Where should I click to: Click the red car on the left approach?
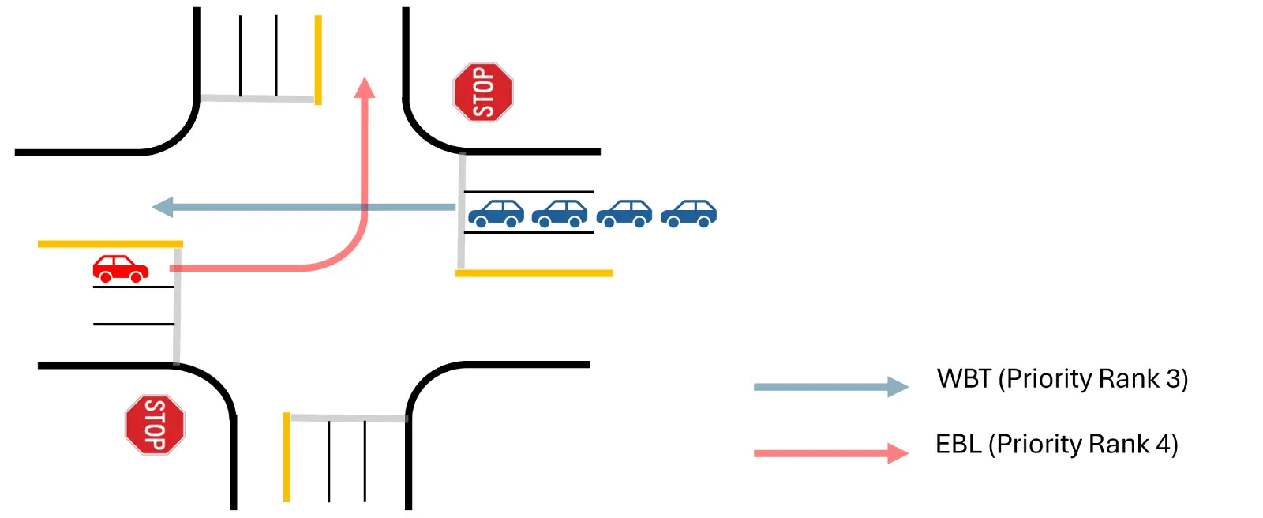(x=120, y=268)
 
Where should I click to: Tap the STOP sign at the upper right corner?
(x=482, y=92)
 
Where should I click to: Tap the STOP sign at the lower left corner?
(x=155, y=425)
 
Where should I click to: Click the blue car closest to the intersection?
(x=496, y=213)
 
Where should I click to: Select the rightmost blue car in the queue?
(x=688, y=213)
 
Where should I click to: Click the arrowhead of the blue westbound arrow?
(x=163, y=208)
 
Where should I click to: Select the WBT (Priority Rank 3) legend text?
(x=1062, y=379)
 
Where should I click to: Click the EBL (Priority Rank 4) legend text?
(x=1056, y=445)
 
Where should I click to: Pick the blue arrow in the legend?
(x=829, y=387)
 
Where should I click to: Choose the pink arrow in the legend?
(x=829, y=453)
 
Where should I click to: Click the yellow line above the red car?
(x=111, y=244)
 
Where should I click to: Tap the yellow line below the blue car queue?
(x=534, y=273)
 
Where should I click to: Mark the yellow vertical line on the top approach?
(x=318, y=59)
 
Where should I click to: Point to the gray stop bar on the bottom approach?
(x=348, y=418)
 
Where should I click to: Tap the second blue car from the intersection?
(x=560, y=213)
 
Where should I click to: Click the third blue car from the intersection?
(x=624, y=213)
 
